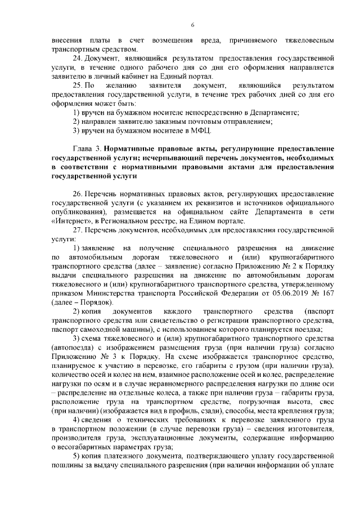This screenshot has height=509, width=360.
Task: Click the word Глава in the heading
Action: [84, 148]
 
